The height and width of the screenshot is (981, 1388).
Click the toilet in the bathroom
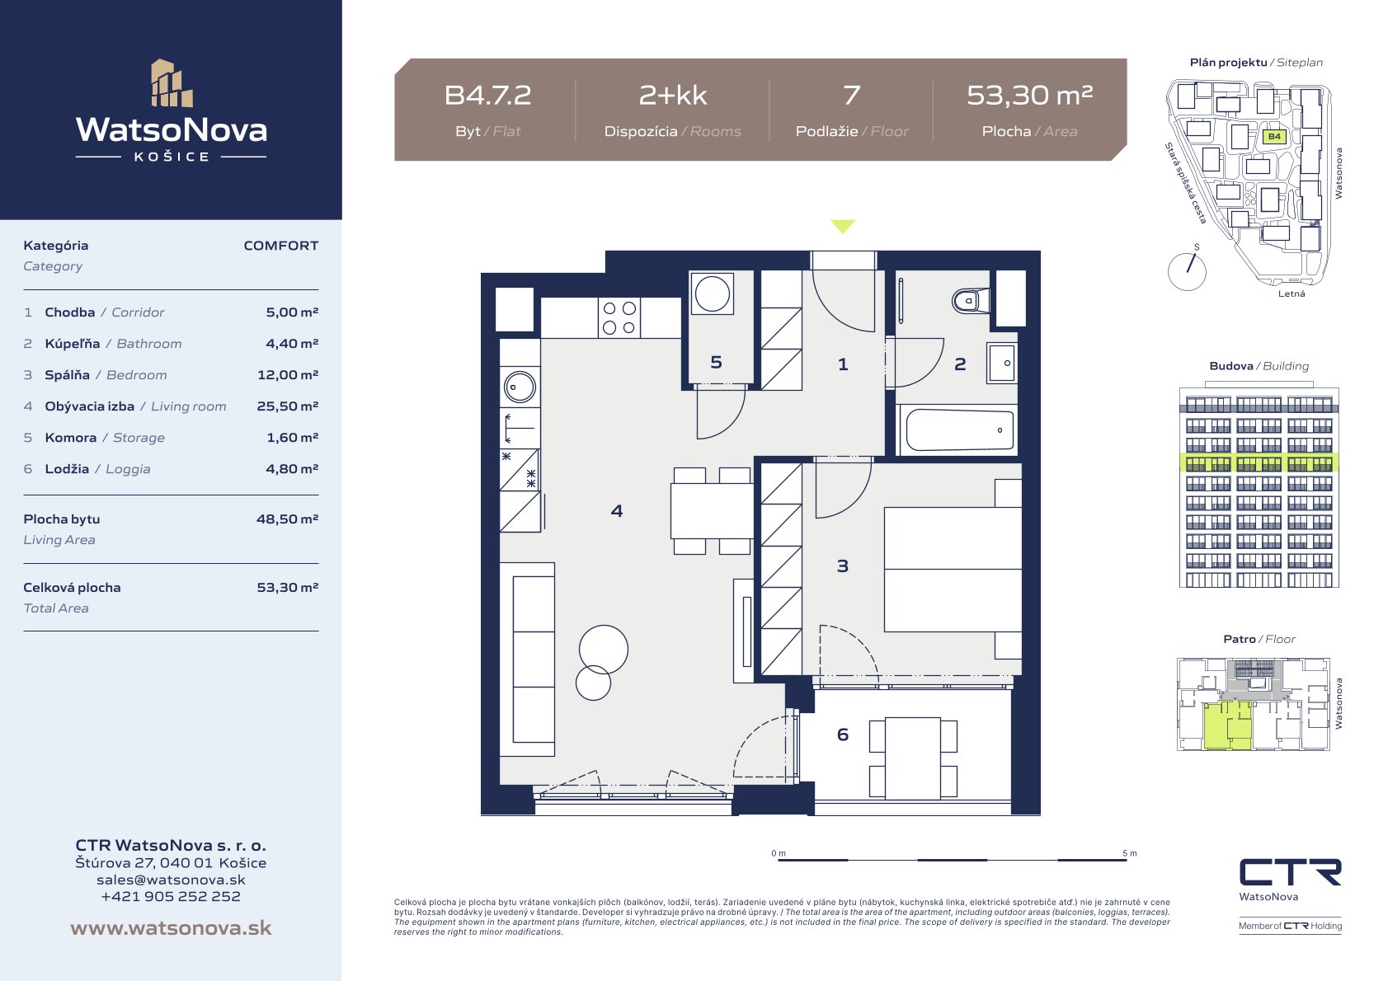(971, 301)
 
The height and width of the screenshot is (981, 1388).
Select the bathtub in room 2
(959, 429)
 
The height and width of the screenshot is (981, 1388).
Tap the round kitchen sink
(520, 387)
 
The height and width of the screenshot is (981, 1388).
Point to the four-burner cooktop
(619, 317)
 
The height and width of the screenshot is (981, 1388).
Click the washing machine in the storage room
(712, 293)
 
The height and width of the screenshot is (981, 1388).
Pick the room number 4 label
(617, 511)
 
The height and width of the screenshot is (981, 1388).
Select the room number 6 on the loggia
(843, 735)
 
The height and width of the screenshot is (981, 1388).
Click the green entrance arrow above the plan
(843, 226)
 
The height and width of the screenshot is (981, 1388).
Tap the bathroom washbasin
(1002, 364)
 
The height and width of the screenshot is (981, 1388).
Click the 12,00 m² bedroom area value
(288, 375)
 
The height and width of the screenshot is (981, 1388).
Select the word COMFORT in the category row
(280, 246)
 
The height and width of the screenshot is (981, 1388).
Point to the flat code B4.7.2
(487, 96)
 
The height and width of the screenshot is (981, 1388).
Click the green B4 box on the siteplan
(1274, 136)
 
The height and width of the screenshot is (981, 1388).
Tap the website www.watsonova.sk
(171, 927)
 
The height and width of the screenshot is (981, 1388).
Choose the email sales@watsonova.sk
(171, 880)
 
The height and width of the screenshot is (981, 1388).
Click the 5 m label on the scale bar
(1129, 853)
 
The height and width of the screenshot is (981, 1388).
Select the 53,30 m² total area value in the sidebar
(288, 587)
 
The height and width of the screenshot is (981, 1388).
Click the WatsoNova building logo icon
(172, 83)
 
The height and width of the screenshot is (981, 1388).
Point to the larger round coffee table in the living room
(604, 650)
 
